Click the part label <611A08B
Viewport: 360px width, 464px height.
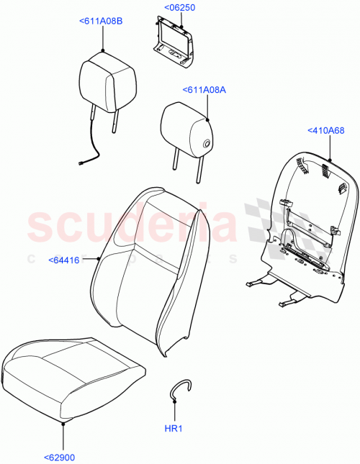[101, 22]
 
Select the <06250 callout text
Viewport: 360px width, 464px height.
[179, 7]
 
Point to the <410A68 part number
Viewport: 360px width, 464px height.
[326, 130]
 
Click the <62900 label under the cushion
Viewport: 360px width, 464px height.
[60, 456]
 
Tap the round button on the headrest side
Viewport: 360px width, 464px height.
[207, 144]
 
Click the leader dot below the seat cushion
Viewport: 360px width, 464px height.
[63, 424]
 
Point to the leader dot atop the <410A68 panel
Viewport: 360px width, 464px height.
[329, 158]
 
